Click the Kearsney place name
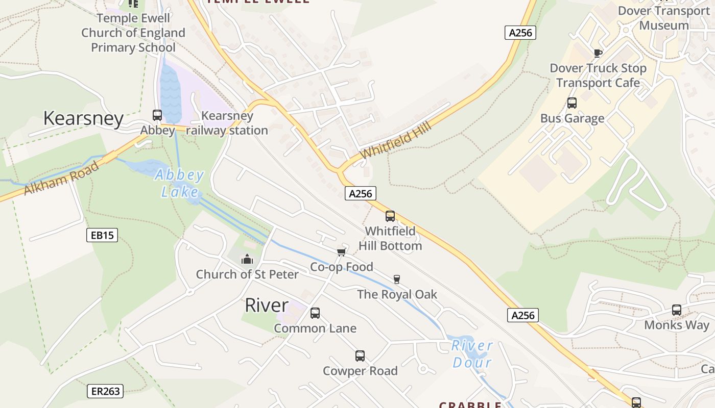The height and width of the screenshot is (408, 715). (83, 118)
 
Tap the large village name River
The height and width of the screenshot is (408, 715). (267, 305)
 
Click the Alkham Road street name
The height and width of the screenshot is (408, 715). (61, 178)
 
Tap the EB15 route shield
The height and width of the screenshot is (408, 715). (102, 235)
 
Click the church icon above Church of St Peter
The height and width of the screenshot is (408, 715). (247, 260)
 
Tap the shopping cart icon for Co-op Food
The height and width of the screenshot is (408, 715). (341, 252)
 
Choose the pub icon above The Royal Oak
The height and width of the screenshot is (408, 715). (396, 279)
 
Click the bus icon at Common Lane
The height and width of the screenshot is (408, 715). (315, 313)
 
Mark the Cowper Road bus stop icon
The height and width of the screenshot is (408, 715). (360, 356)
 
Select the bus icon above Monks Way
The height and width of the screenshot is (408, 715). (677, 310)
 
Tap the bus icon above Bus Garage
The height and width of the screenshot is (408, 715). (572, 103)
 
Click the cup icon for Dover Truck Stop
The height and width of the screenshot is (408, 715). (598, 53)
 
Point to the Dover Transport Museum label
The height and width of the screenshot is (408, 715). (663, 18)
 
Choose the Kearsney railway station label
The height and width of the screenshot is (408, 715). (227, 123)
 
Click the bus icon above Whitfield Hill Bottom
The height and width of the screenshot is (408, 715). (390, 216)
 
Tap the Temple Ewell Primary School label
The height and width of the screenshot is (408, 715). (133, 33)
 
